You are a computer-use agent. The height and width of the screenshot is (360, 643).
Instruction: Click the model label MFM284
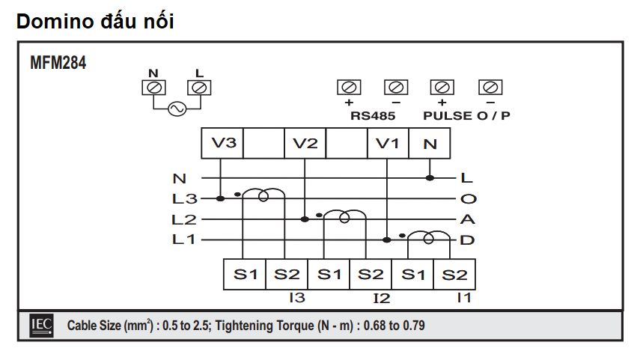point(58,63)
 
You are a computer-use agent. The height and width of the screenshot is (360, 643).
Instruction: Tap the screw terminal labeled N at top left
point(154,88)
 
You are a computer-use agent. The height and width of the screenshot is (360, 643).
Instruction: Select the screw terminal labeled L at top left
point(198,88)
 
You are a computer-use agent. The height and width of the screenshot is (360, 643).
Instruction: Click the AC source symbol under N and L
point(177,109)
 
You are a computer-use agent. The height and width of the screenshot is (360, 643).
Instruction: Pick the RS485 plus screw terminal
point(349,87)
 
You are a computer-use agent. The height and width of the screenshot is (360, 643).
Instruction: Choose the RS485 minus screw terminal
point(395,87)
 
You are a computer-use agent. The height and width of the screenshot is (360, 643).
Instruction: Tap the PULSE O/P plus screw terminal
point(442,87)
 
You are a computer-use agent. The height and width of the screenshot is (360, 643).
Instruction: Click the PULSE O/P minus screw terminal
point(490,87)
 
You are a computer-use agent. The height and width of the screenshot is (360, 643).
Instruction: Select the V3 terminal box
point(223,144)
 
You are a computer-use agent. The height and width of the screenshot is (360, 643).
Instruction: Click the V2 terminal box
point(305,144)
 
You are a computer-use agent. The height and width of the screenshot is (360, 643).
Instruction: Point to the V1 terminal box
point(388,144)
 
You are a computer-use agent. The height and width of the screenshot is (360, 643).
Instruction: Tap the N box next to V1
point(430,144)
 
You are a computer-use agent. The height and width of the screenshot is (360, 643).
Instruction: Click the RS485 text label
point(372,116)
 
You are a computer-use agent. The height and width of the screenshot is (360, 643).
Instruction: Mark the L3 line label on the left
point(184,199)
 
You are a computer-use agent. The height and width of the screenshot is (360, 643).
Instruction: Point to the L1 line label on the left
point(184,240)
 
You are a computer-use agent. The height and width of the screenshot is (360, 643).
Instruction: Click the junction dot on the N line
point(430,178)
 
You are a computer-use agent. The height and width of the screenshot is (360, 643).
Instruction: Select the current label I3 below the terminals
point(296,298)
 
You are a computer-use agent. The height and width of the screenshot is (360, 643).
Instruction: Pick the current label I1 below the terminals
point(464,298)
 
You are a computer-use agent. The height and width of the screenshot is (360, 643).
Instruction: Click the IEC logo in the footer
point(40,326)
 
